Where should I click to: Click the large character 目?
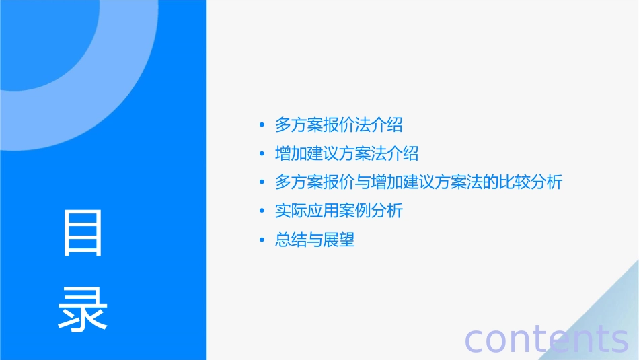pos(83,233)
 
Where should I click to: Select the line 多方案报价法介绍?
pos(338,124)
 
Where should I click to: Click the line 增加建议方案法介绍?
pos(346,153)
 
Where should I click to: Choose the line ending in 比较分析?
pos(418,182)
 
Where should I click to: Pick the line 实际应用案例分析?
pos(338,211)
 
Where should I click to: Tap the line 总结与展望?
pos(314,240)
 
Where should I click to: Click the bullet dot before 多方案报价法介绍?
pos(262,125)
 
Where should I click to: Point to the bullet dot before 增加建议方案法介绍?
pos(262,154)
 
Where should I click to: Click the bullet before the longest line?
pos(262,183)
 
